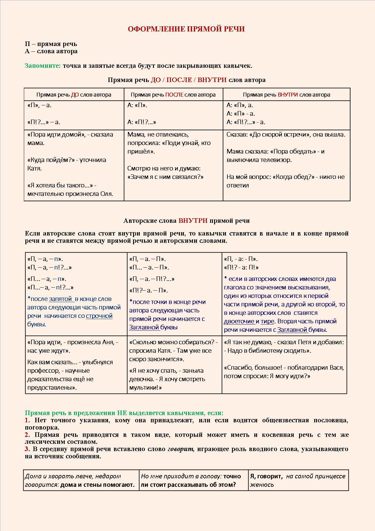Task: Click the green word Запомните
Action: pos(43,66)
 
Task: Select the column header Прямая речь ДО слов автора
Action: pos(74,95)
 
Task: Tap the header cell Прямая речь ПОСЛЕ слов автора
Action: pos(173,95)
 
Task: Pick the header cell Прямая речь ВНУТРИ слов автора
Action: pos(286,95)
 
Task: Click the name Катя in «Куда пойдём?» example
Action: pos(34,168)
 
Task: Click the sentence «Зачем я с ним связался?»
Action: pos(165,177)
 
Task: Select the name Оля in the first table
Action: pos(106,194)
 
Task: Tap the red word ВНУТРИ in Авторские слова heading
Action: pos(193,221)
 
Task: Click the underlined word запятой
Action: pos(61,299)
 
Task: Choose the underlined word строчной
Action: pos(99,316)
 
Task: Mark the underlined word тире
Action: pos(267,322)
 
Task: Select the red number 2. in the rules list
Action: pos(28,435)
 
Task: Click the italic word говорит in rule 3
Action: pos(180,449)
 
